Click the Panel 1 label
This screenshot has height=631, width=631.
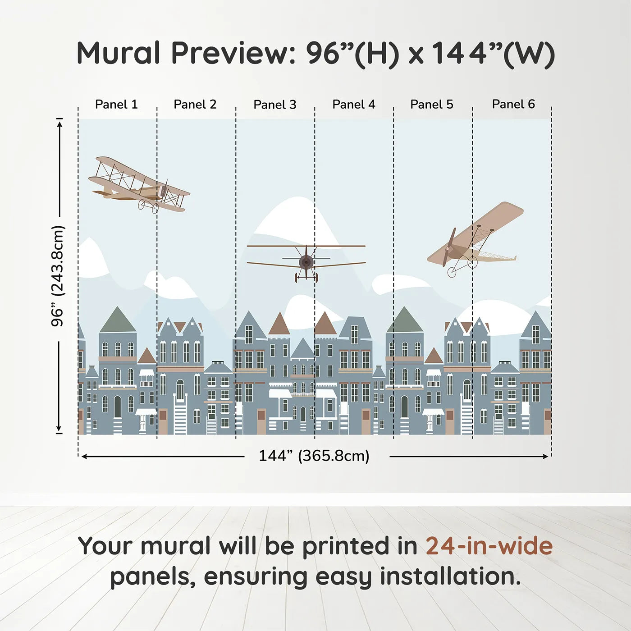[116, 105]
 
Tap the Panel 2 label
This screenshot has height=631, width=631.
[195, 105]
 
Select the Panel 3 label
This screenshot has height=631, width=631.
[275, 105]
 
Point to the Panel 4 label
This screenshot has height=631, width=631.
[354, 105]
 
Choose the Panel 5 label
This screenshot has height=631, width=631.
[432, 105]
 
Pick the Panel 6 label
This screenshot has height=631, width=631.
[513, 105]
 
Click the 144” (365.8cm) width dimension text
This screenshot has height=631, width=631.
[314, 456]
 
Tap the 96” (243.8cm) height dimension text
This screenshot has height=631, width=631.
[58, 276]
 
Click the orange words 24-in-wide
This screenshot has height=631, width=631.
[489, 546]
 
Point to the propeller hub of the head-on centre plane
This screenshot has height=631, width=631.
[306, 261]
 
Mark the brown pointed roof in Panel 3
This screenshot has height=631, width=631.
[279, 325]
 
